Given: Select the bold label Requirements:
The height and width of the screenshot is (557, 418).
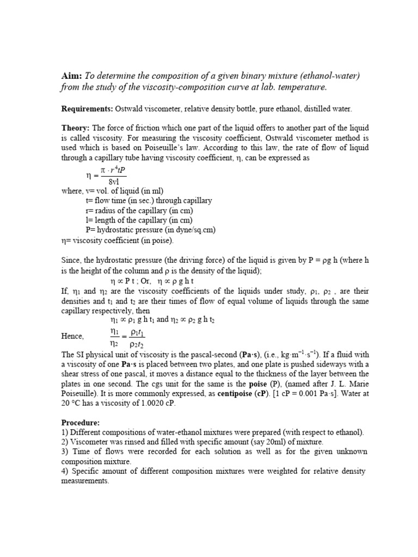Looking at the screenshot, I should point(86,109).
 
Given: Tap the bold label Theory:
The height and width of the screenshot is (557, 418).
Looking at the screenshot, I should point(77,128).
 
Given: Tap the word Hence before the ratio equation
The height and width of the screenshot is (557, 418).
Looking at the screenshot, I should point(72,336).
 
